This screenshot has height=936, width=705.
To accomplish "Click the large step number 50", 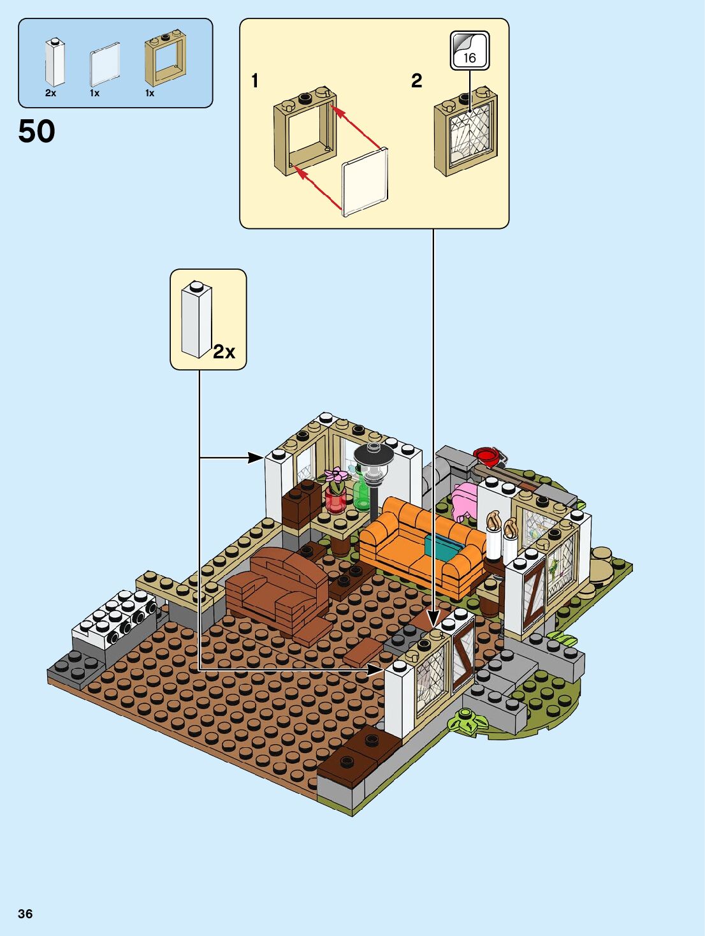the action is [x=36, y=131].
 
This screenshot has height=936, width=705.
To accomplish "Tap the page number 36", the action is [x=25, y=914].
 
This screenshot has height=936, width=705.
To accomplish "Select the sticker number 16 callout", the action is [x=470, y=51].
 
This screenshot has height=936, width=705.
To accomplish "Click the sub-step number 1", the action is [x=255, y=81].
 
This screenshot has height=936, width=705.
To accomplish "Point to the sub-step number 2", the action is [x=416, y=81].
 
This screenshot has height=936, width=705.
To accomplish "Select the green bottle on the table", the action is [x=361, y=493].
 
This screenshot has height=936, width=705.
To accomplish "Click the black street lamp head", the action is [x=374, y=457].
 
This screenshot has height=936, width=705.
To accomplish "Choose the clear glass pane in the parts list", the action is [x=105, y=64].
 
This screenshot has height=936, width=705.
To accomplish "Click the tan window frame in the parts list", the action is [x=164, y=59].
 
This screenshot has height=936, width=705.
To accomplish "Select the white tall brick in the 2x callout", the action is [x=196, y=319].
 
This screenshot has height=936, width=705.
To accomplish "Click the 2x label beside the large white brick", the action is [x=224, y=351].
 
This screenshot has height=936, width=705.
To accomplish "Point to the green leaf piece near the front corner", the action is [x=468, y=722].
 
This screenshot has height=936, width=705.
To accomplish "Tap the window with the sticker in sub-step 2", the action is [x=466, y=133].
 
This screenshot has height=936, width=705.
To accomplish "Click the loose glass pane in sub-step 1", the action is [x=365, y=182].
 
